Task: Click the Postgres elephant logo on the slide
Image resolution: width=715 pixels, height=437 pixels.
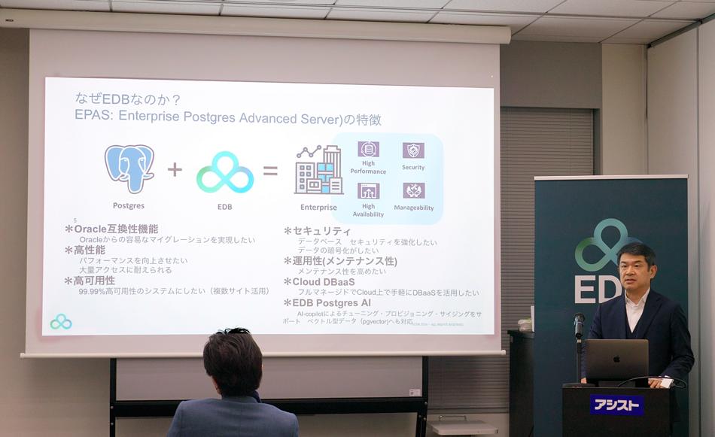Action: pos(129,168)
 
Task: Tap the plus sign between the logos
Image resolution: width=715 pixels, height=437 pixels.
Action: pos(175,169)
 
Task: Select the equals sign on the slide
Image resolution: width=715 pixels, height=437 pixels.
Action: pos(270,171)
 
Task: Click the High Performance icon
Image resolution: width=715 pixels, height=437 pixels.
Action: pos(368,150)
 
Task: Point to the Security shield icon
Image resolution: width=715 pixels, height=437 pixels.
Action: pos(413,150)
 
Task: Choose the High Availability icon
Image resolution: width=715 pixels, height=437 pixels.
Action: pos(368,191)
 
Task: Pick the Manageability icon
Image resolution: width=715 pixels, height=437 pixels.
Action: pos(413,190)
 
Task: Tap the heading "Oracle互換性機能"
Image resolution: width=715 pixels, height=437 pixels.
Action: pos(116,229)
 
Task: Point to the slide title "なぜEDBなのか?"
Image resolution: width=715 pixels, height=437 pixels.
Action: pos(128,99)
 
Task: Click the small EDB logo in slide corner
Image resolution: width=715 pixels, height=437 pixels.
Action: pos(61,322)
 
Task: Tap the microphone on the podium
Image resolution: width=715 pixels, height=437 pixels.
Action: pos(579,323)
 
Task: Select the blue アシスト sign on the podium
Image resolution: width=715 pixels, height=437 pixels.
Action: pos(616,405)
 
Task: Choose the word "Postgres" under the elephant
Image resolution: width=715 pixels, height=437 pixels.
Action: pos(129,205)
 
